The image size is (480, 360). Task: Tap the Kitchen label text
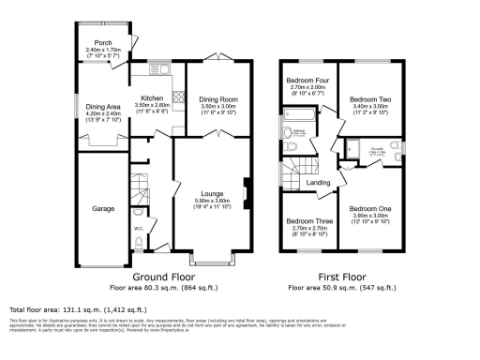coord(155,97)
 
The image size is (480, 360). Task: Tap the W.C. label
coord(138,225)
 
